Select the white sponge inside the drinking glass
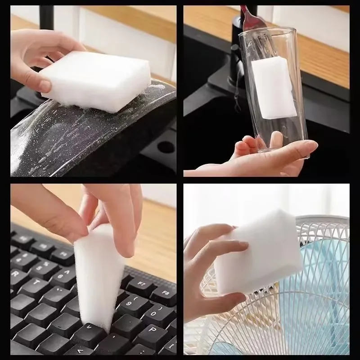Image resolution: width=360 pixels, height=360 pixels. click(273, 88)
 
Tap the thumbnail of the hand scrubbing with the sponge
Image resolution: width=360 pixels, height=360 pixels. click(45, 85)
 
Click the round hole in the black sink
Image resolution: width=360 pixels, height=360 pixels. click(166, 147)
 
